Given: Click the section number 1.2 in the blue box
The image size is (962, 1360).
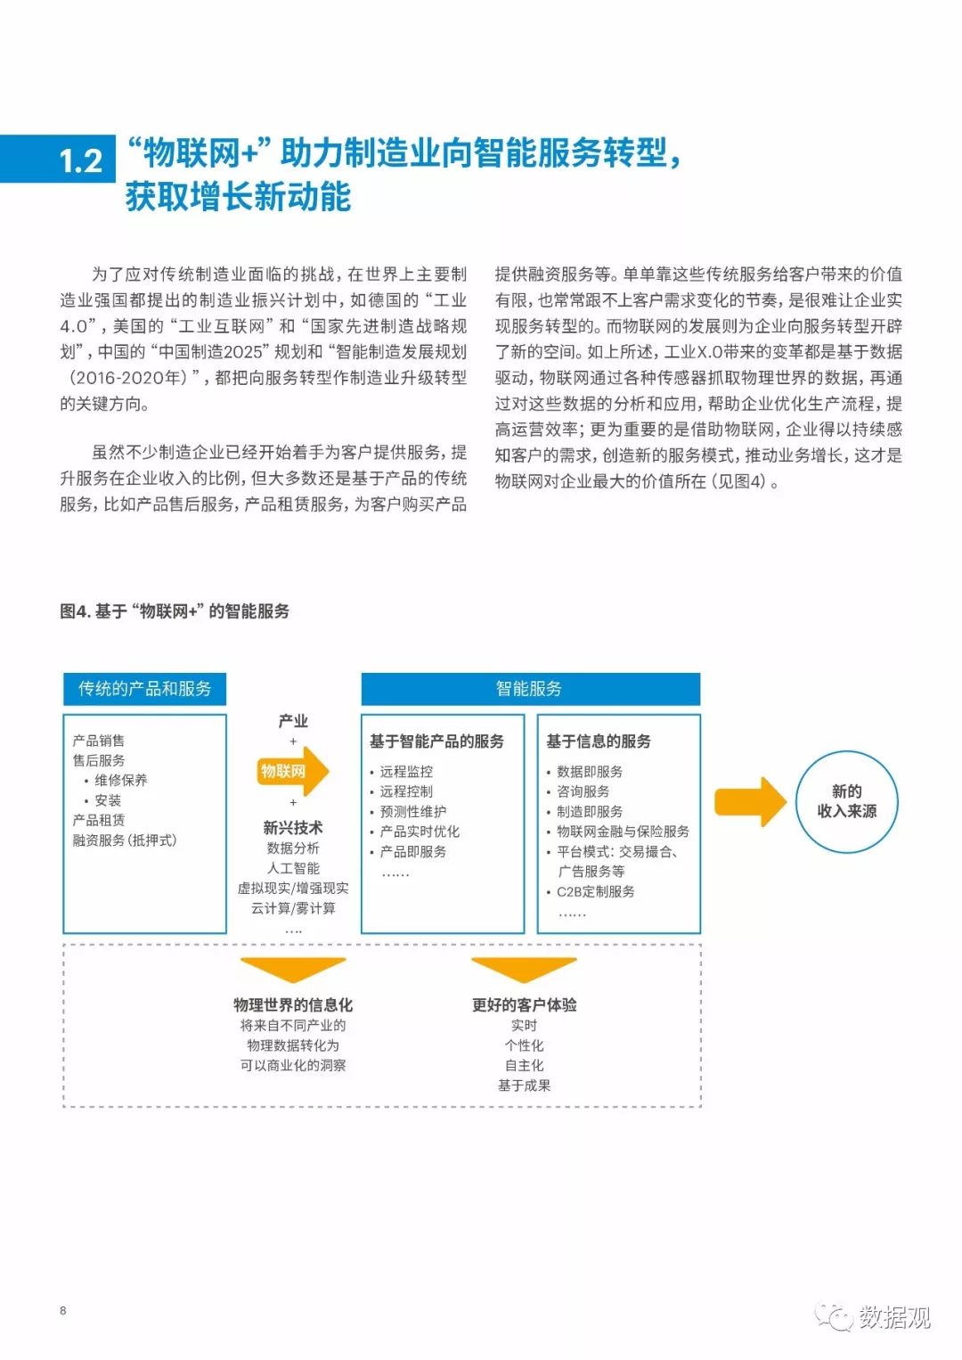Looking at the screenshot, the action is pos(81,161).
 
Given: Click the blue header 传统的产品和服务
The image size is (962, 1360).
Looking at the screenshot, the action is pos(144,689).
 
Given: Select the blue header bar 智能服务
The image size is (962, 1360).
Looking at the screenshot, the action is pos(531,689).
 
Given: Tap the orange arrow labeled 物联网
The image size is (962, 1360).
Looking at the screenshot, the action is pos(292,771).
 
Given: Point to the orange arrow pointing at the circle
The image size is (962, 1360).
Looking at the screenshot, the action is pos(750,801).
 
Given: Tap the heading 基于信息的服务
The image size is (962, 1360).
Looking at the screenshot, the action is pos(599,741).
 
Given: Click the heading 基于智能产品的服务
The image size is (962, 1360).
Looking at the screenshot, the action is pos(437,741).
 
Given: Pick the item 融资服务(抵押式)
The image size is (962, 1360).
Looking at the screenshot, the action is pos(125,840).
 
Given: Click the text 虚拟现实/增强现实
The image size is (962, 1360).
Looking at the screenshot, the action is pos(293,889).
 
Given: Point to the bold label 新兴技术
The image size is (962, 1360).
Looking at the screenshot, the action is pos(293,828).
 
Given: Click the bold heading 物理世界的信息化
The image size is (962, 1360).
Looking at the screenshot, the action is pos(293,1004).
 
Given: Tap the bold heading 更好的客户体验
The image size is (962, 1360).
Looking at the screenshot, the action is pos(525,1004).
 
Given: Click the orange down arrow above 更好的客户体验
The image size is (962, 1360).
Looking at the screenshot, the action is pos(524,969).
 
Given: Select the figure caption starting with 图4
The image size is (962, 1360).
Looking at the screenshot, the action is pos(175,610).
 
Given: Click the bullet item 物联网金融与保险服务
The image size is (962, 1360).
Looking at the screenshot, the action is pos(623,832).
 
